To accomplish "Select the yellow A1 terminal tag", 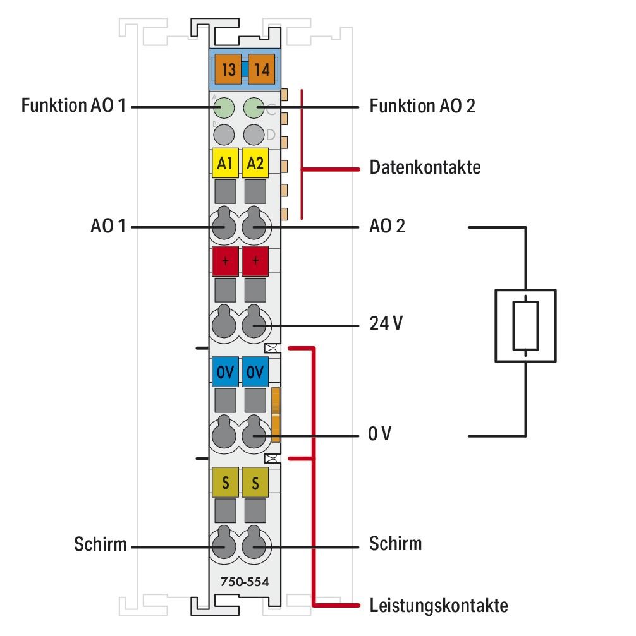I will [224, 164].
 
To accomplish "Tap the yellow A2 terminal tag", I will [255, 164].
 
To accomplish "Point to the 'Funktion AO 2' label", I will [422, 106].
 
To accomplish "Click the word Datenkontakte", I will [424, 169].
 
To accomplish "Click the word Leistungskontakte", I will [437, 606].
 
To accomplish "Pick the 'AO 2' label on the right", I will [387, 225].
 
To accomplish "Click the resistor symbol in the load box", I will [525, 325].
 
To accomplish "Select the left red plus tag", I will [225, 260].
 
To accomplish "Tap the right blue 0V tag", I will [255, 372].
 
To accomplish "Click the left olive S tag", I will [225, 483].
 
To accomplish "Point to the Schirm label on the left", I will [100, 544].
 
